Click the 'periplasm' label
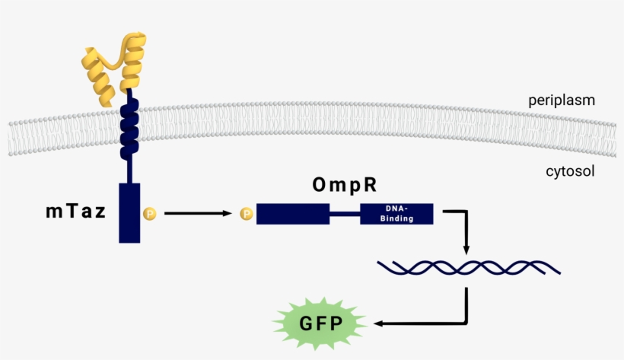click(562, 100)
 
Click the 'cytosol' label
click(570, 171)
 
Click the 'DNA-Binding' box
click(396, 213)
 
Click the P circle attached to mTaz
click(150, 214)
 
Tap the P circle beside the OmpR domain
click(247, 214)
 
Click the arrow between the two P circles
click(198, 214)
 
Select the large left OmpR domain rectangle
click(292, 213)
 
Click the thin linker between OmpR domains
click(345, 214)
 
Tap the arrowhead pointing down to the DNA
click(466, 250)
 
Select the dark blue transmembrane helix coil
click(130, 126)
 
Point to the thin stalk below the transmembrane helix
click(130, 167)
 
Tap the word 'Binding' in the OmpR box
click(396, 218)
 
